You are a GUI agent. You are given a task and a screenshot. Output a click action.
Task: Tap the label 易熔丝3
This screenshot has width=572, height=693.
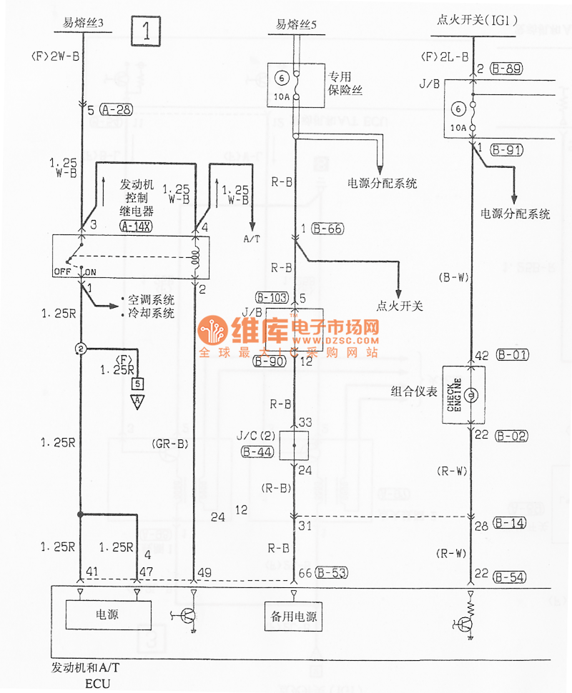pos(84,24)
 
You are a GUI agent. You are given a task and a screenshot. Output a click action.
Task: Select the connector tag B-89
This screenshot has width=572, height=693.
pos(508,69)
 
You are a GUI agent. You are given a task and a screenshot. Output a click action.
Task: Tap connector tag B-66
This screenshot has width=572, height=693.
pos(328,229)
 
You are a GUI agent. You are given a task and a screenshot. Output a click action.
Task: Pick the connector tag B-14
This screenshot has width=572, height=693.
pos(508,524)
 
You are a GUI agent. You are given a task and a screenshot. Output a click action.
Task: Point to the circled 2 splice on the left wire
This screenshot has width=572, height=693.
pos(81,348)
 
